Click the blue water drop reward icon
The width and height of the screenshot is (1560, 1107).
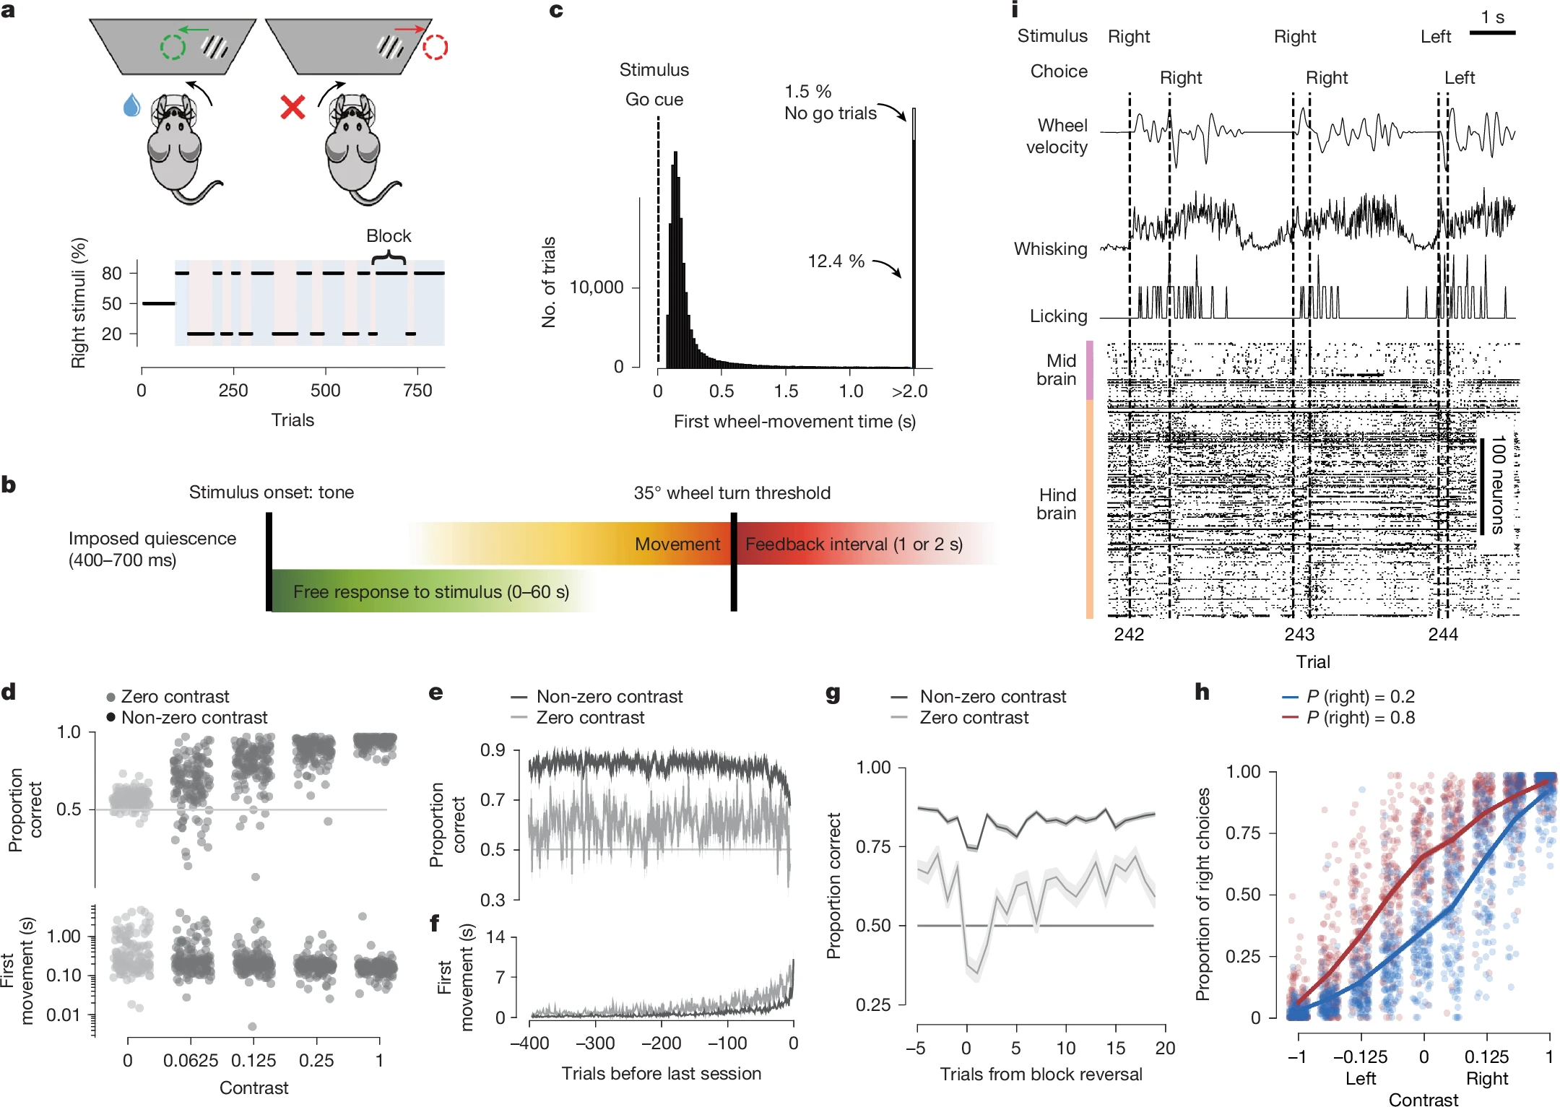[x=131, y=105]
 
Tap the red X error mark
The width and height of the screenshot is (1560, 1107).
[x=292, y=108]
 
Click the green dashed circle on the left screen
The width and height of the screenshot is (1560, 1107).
[x=173, y=47]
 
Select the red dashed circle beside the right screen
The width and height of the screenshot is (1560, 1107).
[x=435, y=48]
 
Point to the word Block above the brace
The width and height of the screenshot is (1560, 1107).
[x=389, y=236]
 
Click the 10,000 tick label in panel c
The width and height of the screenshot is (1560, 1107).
[x=597, y=287]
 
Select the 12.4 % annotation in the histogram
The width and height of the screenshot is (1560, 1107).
[x=836, y=261]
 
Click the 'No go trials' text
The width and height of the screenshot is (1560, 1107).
[x=831, y=113]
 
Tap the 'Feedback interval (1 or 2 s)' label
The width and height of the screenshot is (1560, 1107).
[x=854, y=544]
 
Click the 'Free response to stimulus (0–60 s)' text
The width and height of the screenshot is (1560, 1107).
[x=431, y=592]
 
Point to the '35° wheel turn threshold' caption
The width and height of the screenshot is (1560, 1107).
[x=732, y=493]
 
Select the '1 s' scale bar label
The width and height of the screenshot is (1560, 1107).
[x=1492, y=17]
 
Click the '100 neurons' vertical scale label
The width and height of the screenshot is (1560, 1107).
[x=1498, y=484]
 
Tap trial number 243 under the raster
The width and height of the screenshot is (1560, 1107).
[x=1299, y=635]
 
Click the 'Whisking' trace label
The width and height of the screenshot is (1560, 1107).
[x=1051, y=249]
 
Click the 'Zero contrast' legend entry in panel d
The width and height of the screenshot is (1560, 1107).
[x=175, y=697]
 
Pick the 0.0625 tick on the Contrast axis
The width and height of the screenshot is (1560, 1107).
[x=191, y=1061]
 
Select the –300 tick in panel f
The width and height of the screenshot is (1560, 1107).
[x=596, y=1043]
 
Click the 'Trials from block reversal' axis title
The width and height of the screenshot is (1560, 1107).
[x=1041, y=1075]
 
